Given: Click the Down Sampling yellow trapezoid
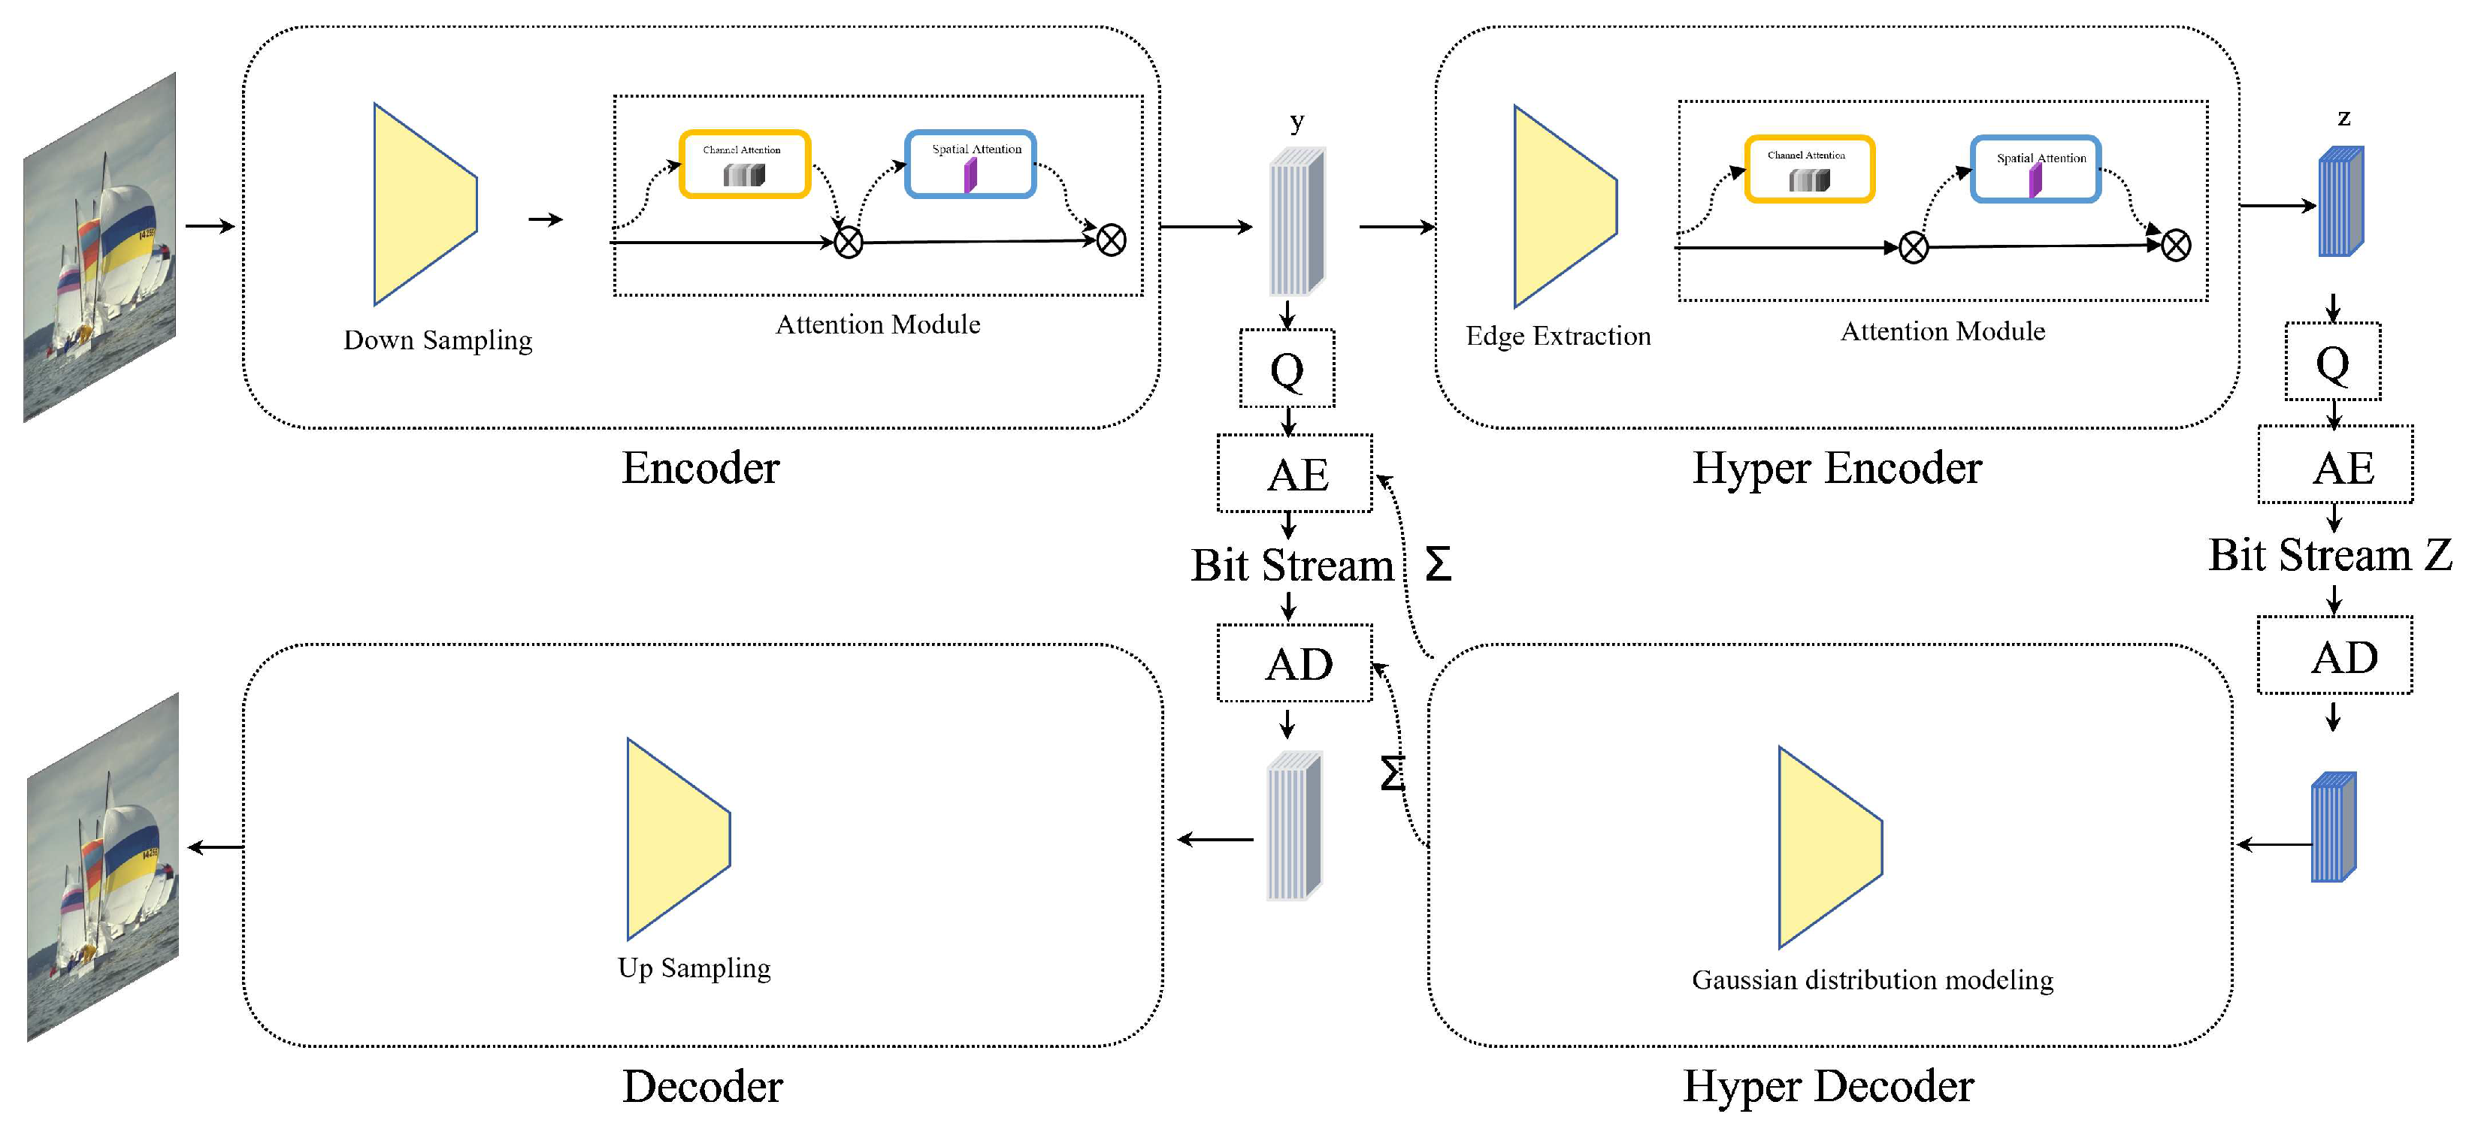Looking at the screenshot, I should point(418,204).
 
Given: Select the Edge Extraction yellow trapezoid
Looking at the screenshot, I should point(1558,207).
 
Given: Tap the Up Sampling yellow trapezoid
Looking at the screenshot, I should point(672,838).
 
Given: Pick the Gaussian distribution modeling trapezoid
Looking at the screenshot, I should point(1823,847).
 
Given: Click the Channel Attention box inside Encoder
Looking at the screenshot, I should point(745,165).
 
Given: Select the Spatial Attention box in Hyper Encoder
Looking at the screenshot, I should point(2035,169).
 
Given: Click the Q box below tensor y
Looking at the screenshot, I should point(1287,369).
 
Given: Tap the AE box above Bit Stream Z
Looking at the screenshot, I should point(2334,465).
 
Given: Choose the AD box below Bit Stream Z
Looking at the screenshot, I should point(2334,655).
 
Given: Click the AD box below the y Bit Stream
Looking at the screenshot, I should point(1294,663).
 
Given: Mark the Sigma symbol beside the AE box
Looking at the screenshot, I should point(1437,564).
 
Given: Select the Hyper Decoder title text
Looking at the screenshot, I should point(1827,1086).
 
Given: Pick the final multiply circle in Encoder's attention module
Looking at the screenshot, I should point(1111,240).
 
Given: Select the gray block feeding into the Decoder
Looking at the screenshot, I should point(1293,827).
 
